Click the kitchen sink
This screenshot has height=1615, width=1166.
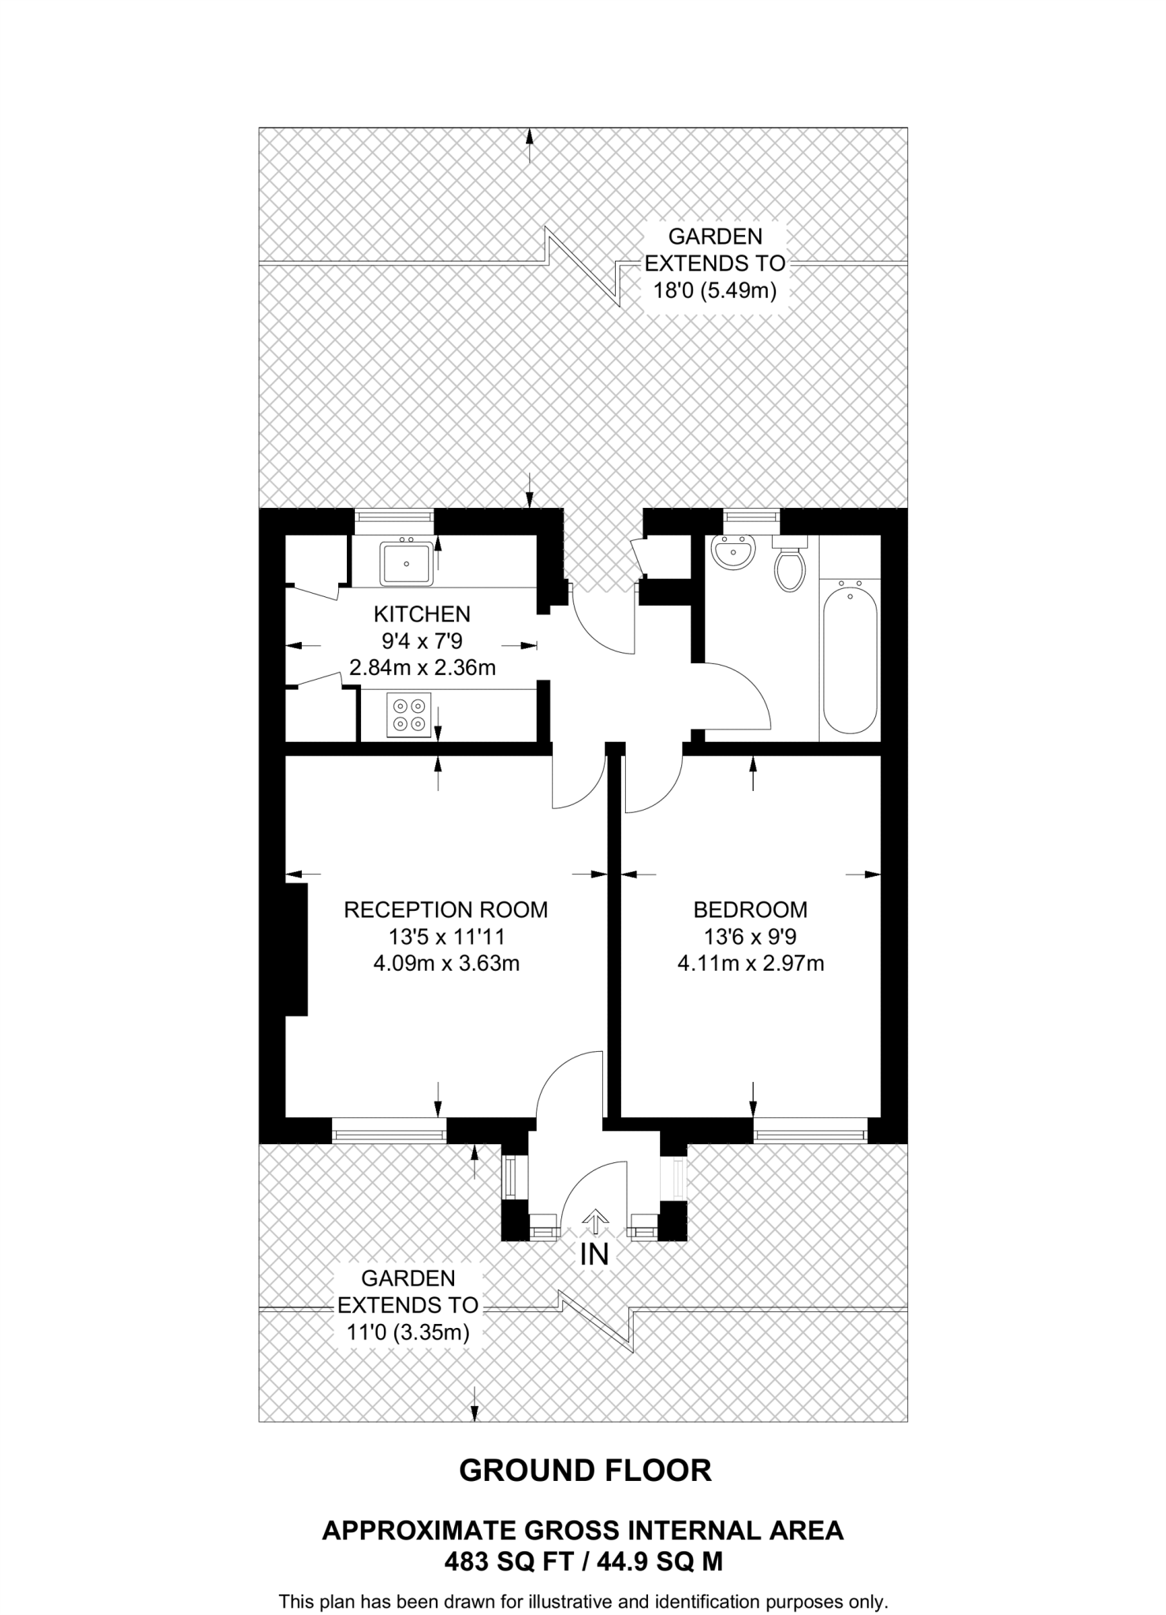407,563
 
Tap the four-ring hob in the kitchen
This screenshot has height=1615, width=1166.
409,714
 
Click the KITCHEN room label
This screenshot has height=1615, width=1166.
422,614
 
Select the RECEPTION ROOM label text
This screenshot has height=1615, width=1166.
445,910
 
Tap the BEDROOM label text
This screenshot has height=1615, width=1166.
750,910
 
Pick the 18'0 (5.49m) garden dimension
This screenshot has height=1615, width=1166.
714,291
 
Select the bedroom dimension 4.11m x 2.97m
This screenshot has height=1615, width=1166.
751,964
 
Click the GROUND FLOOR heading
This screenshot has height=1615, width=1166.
585,1470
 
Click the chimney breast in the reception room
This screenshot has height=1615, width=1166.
296,949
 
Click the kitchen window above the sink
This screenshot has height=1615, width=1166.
393,517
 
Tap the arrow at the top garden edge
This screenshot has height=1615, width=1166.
530,145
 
